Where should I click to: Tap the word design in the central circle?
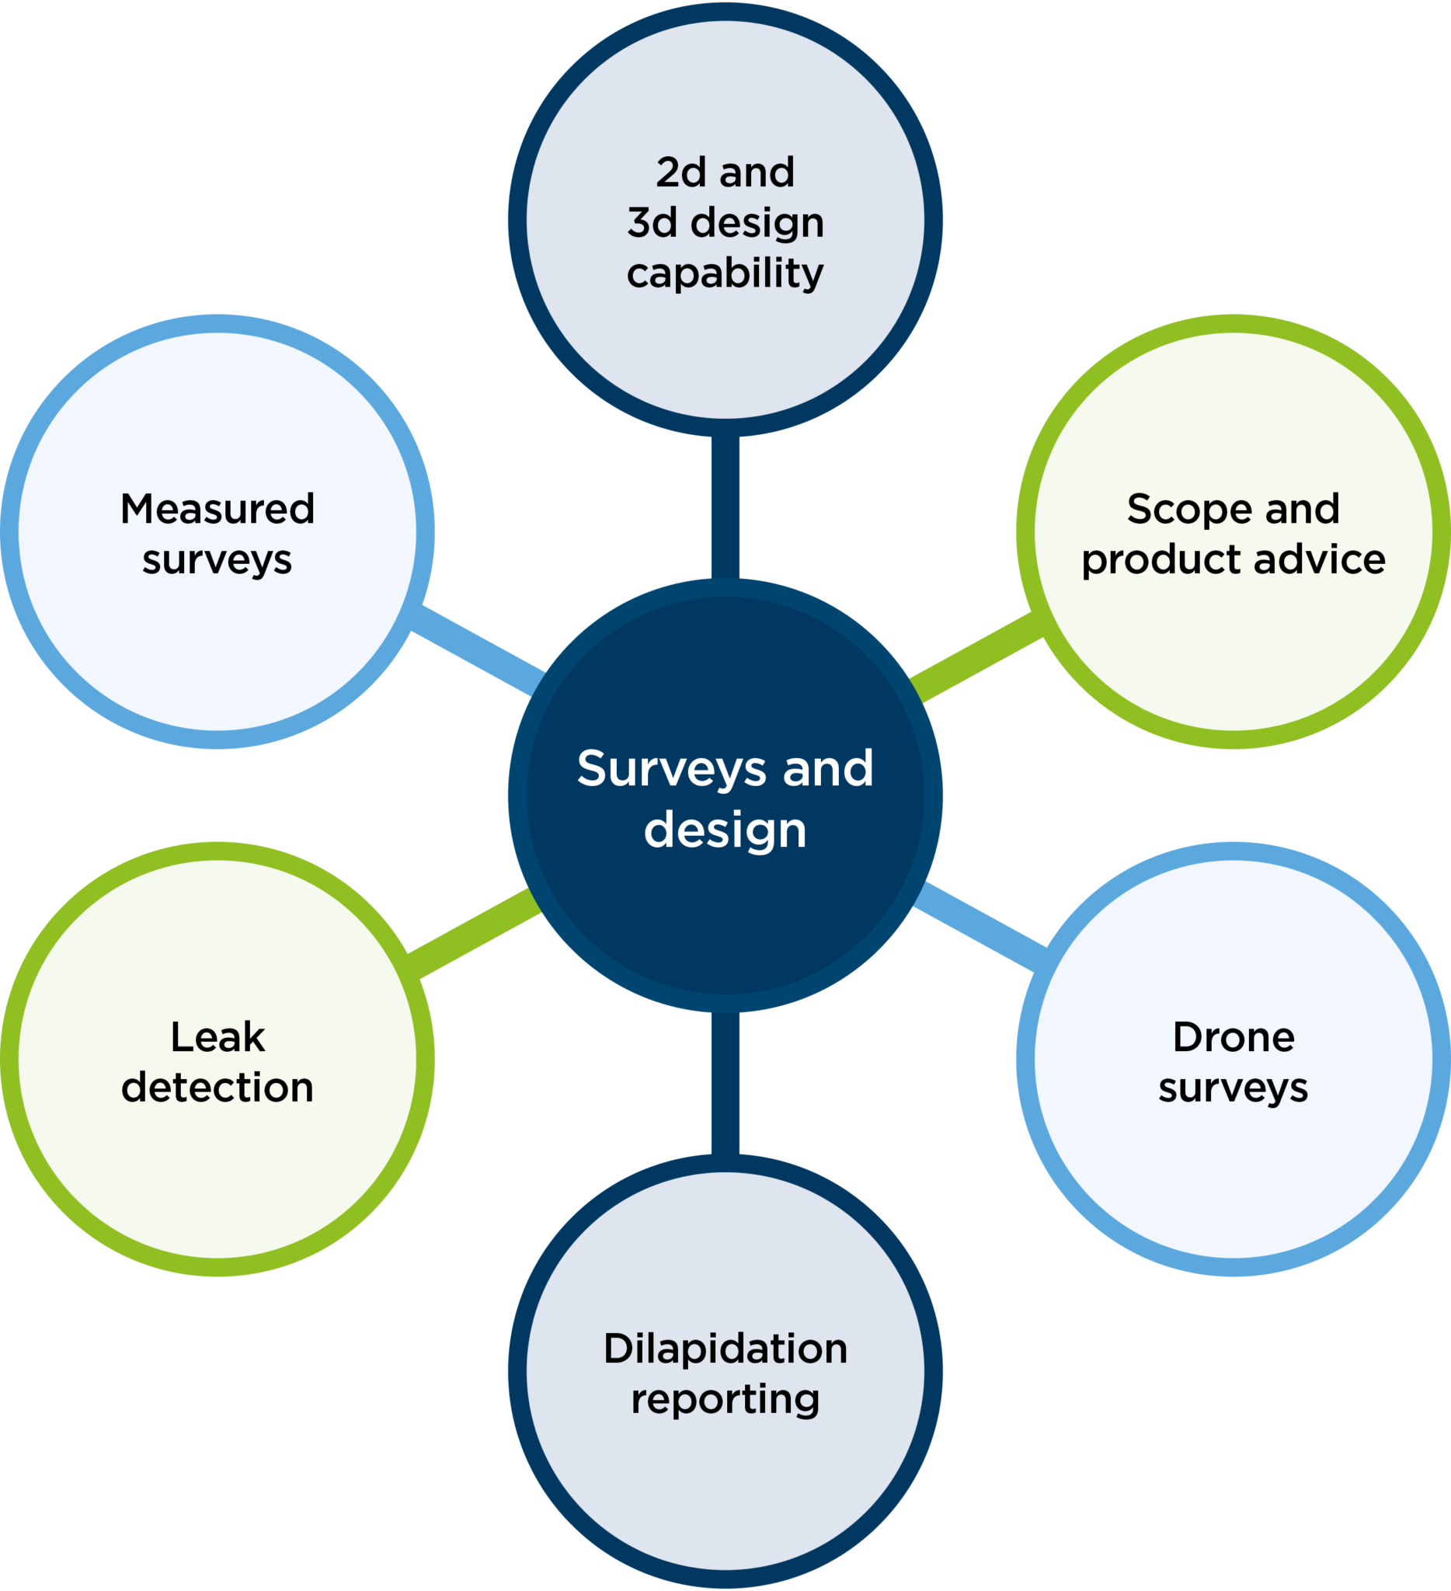[x=725, y=830]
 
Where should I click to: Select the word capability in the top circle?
[x=725, y=274]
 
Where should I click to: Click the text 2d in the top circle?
[x=681, y=172]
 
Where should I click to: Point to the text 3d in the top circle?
[x=652, y=222]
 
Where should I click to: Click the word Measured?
[x=217, y=509]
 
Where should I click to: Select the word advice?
[x=1319, y=559]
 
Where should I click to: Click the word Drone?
[x=1234, y=1037]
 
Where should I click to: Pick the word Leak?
[x=217, y=1037]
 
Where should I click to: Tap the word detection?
[x=217, y=1088]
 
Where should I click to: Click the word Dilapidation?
[x=725, y=1349]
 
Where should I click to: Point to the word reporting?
[x=725, y=1399]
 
